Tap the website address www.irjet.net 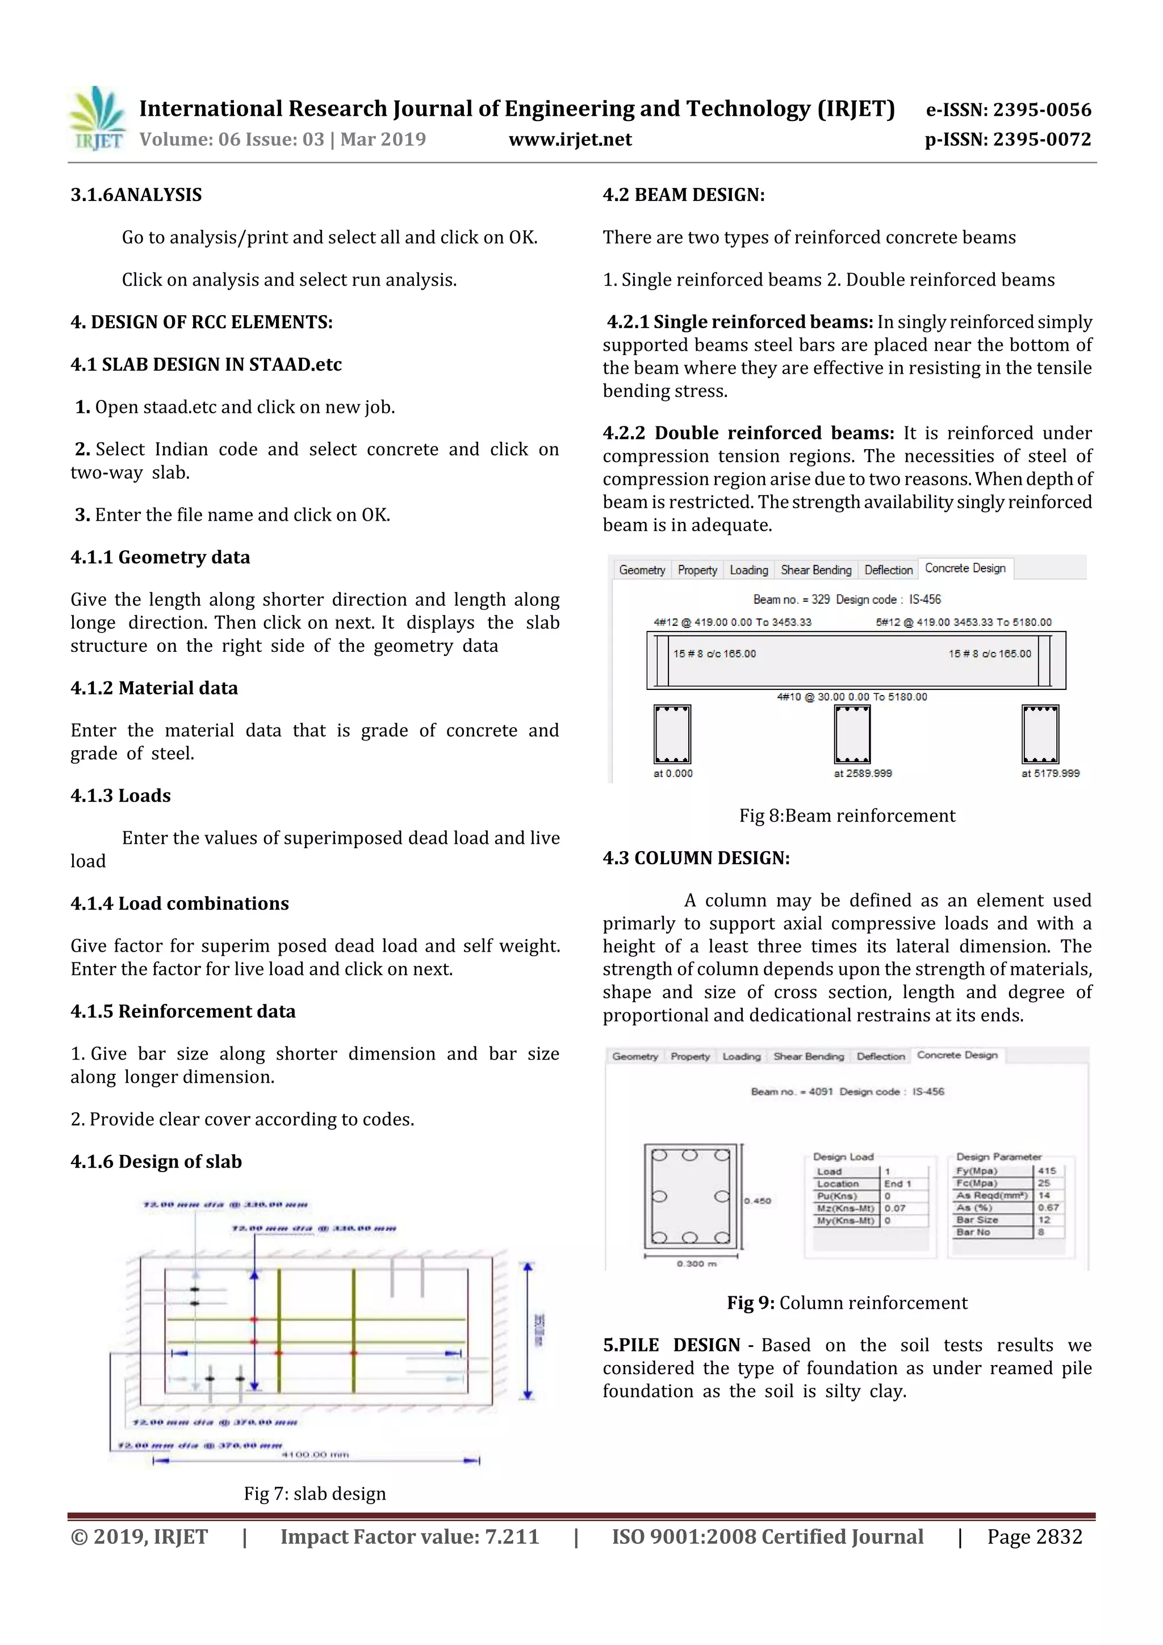pyautogui.click(x=570, y=140)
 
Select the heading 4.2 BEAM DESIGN pyautogui.click(x=683, y=195)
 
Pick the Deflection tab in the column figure pyautogui.click(x=880, y=1056)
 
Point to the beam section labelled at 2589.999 pyautogui.click(x=852, y=734)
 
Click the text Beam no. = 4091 pyautogui.click(x=791, y=1091)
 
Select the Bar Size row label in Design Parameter pyautogui.click(x=977, y=1220)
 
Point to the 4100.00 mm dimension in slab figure pyautogui.click(x=315, y=1454)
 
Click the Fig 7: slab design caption pyautogui.click(x=315, y=1493)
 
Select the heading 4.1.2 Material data pyautogui.click(x=154, y=688)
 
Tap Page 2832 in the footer pyautogui.click(x=1034, y=1537)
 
